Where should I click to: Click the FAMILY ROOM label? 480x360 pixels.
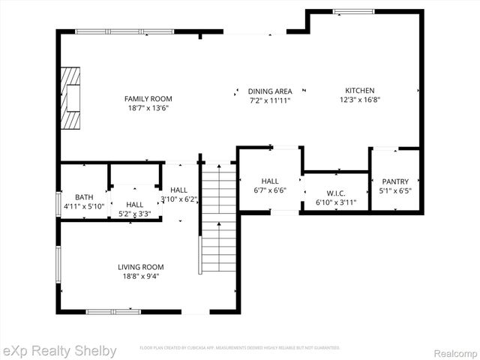148,98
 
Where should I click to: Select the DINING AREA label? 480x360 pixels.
270,91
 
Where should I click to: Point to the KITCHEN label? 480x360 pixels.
359,91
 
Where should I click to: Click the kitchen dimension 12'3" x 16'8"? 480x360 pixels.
359,100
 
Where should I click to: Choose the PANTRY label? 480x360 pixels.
395,181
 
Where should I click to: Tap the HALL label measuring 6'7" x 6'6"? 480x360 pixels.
270,181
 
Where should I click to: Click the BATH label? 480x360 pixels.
73,196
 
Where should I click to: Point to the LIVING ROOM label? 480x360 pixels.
140,267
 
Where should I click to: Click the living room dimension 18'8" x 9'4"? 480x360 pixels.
140,276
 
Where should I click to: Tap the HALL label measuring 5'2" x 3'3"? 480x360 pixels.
135,204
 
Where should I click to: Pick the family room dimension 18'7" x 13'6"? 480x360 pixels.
148,107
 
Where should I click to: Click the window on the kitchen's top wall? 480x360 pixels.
355,11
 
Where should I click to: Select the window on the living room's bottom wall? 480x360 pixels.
112,311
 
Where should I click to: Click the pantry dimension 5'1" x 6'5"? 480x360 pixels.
395,190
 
